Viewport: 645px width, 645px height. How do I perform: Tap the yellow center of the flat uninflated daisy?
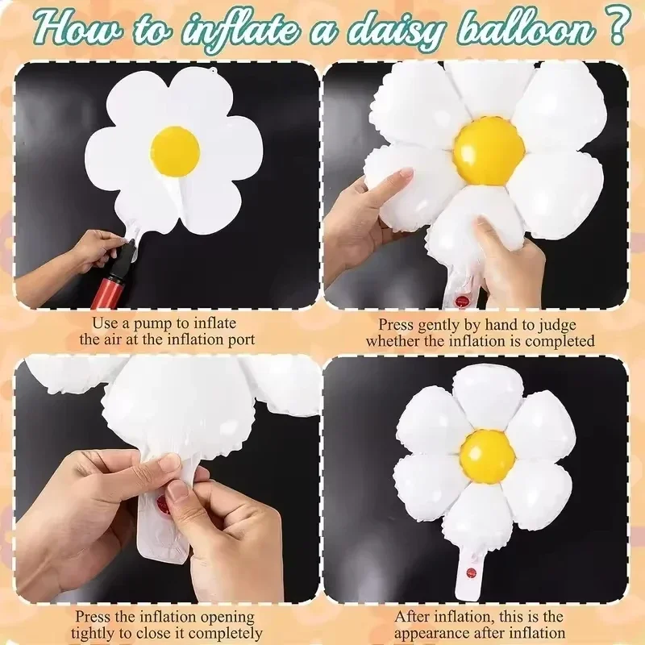[x=175, y=149]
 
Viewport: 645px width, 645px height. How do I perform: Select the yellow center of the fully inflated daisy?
[x=487, y=457]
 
